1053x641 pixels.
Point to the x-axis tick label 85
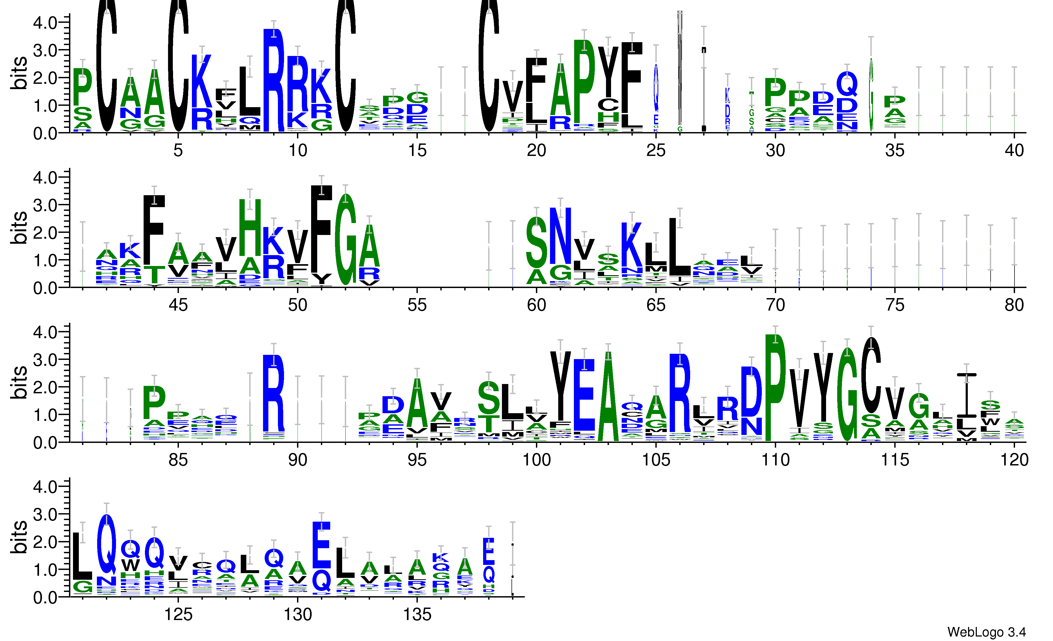[x=178, y=460]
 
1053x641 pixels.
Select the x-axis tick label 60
[x=536, y=305]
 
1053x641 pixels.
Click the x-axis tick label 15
[x=417, y=150]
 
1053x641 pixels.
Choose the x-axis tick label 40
[x=1014, y=150]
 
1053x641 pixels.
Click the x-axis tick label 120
[x=1014, y=460]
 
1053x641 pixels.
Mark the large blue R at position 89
[x=273, y=393]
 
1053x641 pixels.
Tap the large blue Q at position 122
[x=106, y=544]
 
